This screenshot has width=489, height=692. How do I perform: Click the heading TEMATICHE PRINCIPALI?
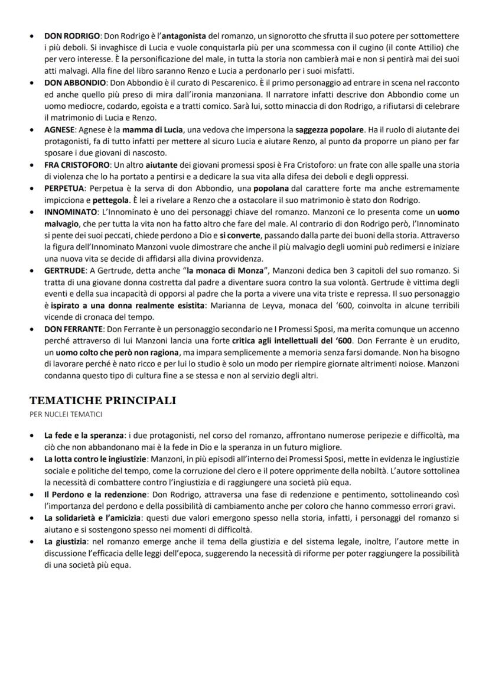click(103, 401)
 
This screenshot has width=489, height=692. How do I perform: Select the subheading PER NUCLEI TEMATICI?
click(66, 414)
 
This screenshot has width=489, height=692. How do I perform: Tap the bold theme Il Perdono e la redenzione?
click(97, 493)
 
